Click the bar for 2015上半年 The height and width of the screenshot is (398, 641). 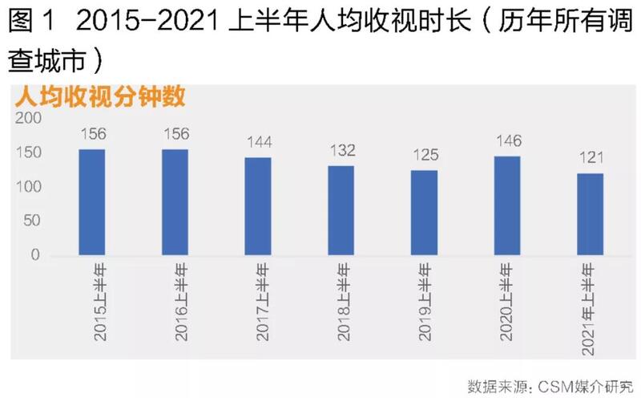[x=92, y=202]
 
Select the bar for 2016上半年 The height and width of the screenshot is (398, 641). [x=175, y=202]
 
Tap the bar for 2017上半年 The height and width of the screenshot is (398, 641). [x=258, y=206]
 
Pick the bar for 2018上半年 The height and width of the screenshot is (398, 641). [x=341, y=211]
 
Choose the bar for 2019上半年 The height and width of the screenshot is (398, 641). [x=424, y=213]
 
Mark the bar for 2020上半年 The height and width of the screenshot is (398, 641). [x=507, y=205]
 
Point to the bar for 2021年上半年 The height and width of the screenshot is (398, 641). [x=591, y=215]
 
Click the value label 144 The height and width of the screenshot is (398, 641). [x=258, y=143]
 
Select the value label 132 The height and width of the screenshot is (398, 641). [x=341, y=151]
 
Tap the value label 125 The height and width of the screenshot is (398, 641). [x=424, y=156]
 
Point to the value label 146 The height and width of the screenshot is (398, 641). [x=507, y=141]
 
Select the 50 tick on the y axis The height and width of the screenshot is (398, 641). [x=32, y=221]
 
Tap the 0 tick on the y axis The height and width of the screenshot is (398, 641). [x=35, y=255]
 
